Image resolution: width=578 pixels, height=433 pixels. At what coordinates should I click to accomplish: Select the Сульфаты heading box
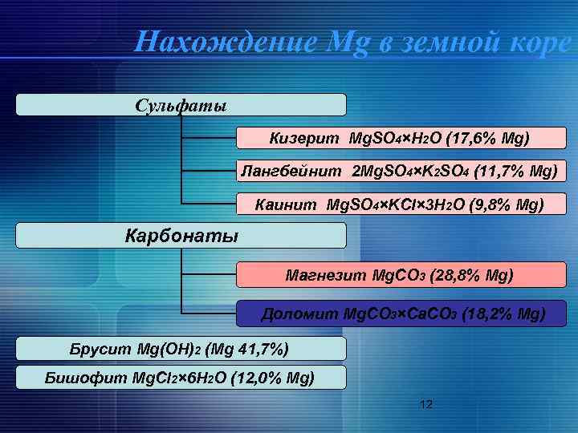tap(181, 105)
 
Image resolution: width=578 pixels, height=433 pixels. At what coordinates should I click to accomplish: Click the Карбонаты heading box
tap(181, 236)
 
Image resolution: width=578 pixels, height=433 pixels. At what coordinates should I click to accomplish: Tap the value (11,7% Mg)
tap(515, 171)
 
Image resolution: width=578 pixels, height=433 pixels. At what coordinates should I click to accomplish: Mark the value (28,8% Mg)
tap(472, 276)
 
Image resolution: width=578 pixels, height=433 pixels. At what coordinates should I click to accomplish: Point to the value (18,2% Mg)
tap(505, 314)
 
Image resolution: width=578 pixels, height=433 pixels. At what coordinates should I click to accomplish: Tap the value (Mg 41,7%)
tap(247, 349)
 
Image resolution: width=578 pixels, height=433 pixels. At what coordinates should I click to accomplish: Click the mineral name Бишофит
tap(80, 378)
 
